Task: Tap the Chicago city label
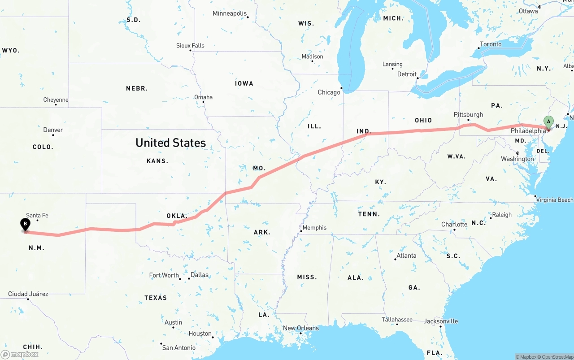pos(329,92)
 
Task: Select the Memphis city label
pos(314,228)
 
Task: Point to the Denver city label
pos(53,130)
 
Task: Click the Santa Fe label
pos(37,216)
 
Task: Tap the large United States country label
pos(170,143)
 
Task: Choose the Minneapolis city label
pos(230,13)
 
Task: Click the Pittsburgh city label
pos(468,115)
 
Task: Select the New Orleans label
pos(300,328)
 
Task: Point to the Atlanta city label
pos(406,256)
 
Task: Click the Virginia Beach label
pos(554,200)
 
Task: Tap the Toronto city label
pos(491,44)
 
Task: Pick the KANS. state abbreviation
pos(157,161)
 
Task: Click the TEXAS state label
pos(156,298)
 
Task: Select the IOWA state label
pos(244,83)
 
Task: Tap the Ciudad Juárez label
pos(28,294)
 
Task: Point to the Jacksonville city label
pos(441,321)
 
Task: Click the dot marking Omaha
pos(204,102)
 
